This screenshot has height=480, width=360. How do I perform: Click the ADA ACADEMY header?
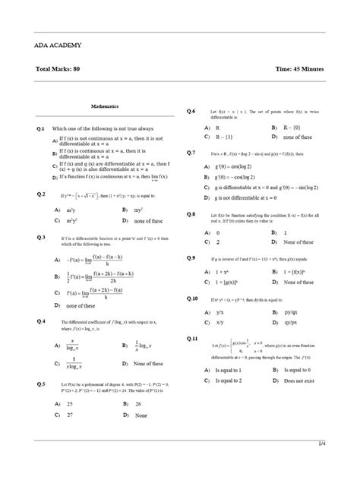click(56, 45)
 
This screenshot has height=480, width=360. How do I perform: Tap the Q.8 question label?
click(191, 214)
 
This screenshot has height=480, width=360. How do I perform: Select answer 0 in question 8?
click(218, 233)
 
